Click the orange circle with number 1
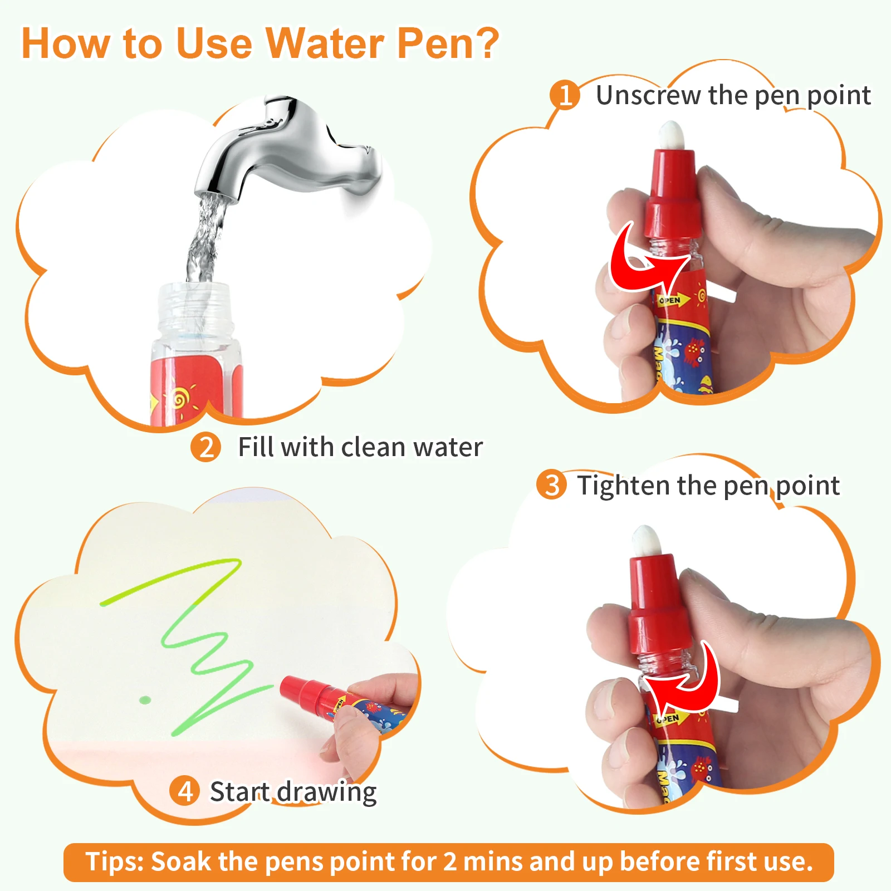[x=565, y=95]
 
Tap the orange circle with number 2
[x=205, y=447]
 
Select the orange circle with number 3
[x=551, y=484]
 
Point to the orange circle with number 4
[x=185, y=791]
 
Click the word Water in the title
[x=325, y=43]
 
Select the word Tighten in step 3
[x=623, y=486]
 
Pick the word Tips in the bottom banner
[x=115, y=861]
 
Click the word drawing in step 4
[x=327, y=793]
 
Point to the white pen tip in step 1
[x=672, y=135]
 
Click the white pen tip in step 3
[x=647, y=540]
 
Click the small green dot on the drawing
[x=145, y=699]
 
